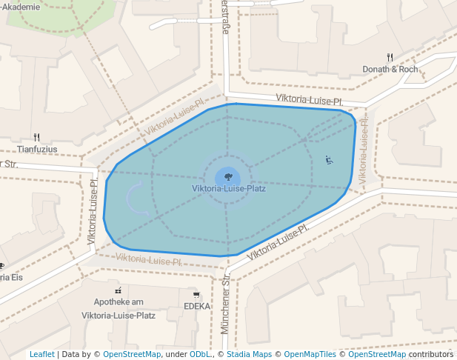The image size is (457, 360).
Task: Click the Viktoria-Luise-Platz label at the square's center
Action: (228, 188)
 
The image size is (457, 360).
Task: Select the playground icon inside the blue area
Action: (329, 159)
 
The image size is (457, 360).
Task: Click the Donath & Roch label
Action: (390, 69)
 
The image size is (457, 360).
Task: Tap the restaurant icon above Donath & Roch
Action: (390, 57)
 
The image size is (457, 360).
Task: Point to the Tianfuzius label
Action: (37, 149)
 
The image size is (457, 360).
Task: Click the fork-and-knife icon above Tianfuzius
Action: (36, 137)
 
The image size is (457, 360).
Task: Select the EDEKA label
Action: (197, 306)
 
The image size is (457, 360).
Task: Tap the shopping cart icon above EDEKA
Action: (196, 294)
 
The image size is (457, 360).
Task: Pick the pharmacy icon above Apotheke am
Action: (119, 290)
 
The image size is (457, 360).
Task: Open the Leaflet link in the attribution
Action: (41, 355)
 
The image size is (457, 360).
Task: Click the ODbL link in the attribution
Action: (201, 355)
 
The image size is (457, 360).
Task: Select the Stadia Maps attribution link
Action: (249, 355)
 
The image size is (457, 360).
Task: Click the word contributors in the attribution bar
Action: (430, 355)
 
